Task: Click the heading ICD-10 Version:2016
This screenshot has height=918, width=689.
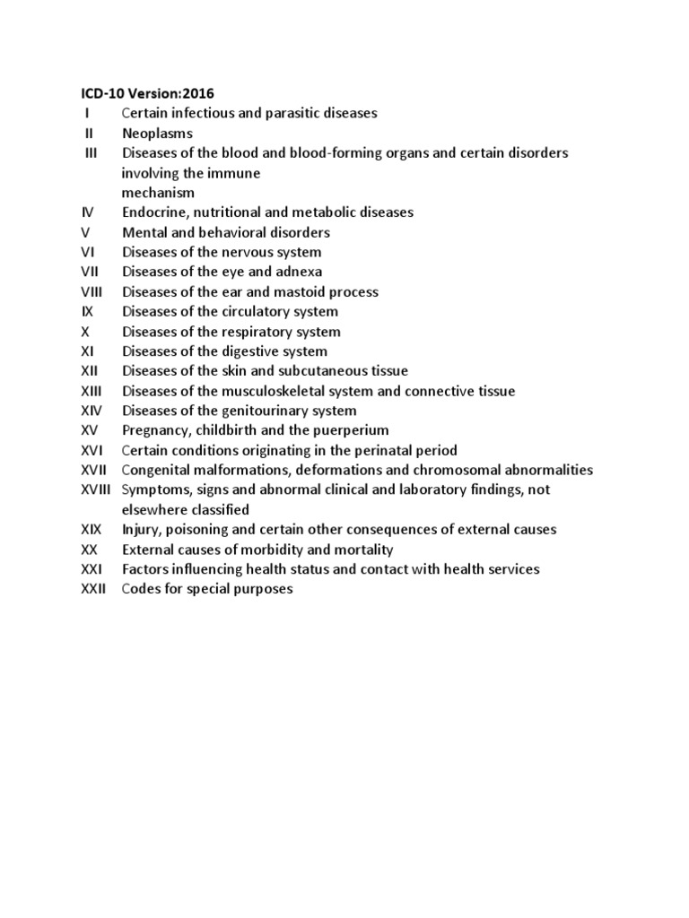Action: click(142, 93)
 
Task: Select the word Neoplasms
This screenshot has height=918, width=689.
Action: click(157, 134)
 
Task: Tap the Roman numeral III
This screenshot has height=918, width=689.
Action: click(91, 152)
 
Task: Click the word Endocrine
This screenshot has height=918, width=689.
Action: click(153, 212)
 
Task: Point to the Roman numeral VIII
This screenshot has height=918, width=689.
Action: click(92, 291)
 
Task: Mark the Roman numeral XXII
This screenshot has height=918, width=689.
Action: click(93, 589)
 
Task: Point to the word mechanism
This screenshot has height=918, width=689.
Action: click(158, 193)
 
